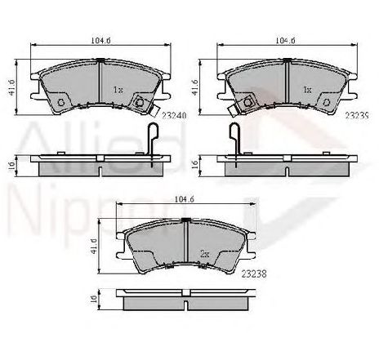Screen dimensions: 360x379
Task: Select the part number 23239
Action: point(356,116)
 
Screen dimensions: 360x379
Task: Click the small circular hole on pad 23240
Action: point(61,103)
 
